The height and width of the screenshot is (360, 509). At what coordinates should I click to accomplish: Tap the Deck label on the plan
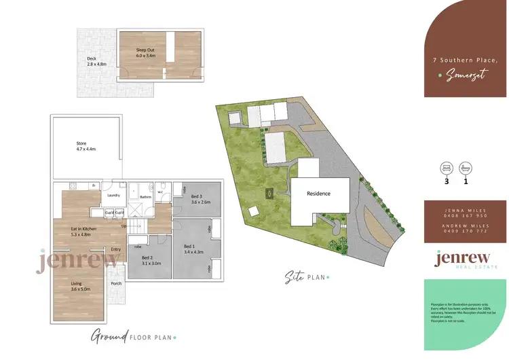pyautogui.click(x=92, y=59)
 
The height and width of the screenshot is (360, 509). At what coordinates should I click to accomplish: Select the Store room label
pyautogui.click(x=81, y=143)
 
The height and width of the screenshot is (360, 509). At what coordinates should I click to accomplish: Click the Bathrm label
pyautogui.click(x=145, y=197)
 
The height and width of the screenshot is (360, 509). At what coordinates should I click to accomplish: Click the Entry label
pyautogui.click(x=115, y=249)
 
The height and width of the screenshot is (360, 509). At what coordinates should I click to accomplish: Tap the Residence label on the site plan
pyautogui.click(x=318, y=194)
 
